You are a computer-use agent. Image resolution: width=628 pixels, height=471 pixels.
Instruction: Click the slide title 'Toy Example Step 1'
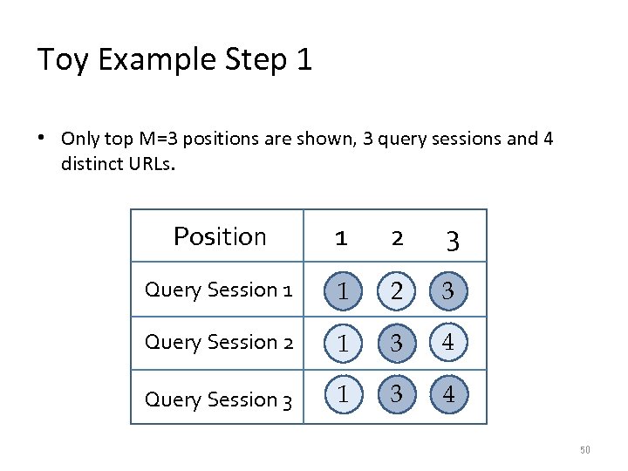(174, 60)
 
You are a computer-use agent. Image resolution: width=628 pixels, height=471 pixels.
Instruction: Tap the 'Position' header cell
(220, 236)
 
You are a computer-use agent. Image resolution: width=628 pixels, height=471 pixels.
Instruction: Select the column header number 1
(342, 237)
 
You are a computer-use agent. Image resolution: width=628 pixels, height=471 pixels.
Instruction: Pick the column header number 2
(397, 237)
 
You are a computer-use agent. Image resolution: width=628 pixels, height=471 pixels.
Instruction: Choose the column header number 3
(452, 239)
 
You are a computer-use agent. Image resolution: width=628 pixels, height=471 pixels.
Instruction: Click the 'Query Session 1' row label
(218, 290)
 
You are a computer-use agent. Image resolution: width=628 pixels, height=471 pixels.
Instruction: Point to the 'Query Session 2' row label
(218, 343)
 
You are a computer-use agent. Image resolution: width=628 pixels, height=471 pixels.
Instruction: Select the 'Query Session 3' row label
(218, 399)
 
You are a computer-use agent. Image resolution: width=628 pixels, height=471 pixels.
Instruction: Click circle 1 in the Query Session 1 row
(344, 291)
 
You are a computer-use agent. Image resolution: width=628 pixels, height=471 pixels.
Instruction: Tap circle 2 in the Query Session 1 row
(396, 291)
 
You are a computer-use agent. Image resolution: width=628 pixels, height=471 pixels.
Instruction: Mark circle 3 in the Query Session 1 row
(448, 291)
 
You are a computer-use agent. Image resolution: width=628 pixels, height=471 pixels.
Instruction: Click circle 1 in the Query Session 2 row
(344, 344)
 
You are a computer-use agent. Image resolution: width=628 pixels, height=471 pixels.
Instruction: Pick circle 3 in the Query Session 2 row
(396, 344)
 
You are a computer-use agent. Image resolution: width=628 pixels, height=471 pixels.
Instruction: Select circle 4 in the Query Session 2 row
(448, 342)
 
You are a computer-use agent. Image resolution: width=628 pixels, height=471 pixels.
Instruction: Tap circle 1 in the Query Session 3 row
(344, 394)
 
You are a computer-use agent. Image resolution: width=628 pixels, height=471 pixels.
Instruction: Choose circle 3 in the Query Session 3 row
(396, 394)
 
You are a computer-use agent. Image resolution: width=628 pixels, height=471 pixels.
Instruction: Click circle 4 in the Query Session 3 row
(448, 394)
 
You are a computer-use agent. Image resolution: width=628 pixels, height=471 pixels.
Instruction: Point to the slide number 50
(585, 450)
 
